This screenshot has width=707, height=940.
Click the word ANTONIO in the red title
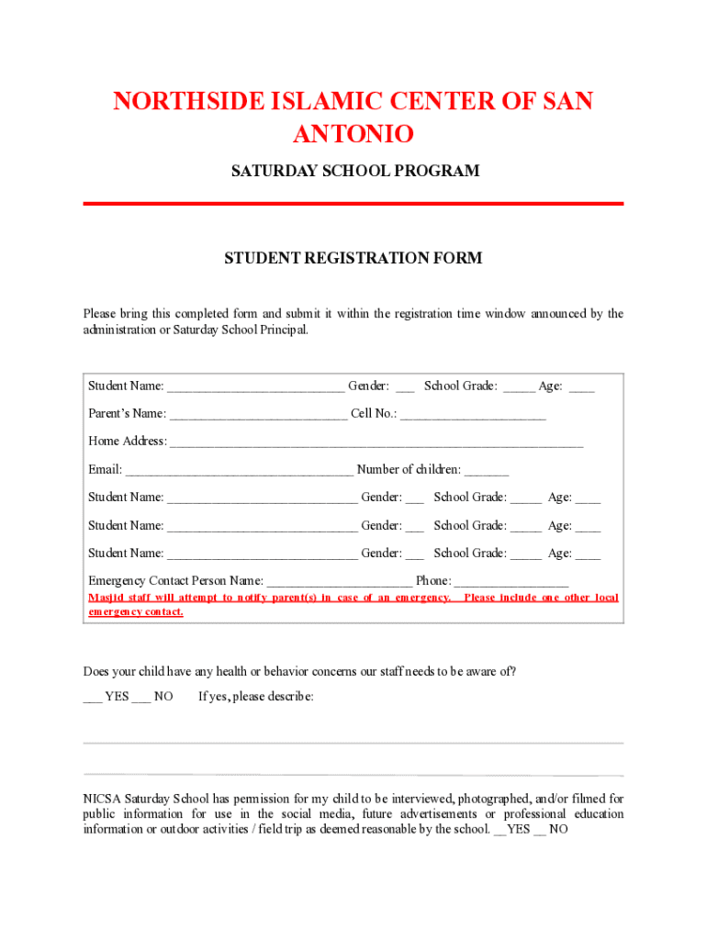click(x=353, y=135)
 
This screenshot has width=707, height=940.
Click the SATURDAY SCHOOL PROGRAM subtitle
click(x=353, y=172)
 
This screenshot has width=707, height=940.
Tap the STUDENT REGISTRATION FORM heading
click(x=353, y=259)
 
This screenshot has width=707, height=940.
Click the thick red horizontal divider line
click(x=353, y=203)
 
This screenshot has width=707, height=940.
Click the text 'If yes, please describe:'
click(x=256, y=697)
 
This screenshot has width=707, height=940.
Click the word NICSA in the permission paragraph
click(x=102, y=799)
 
